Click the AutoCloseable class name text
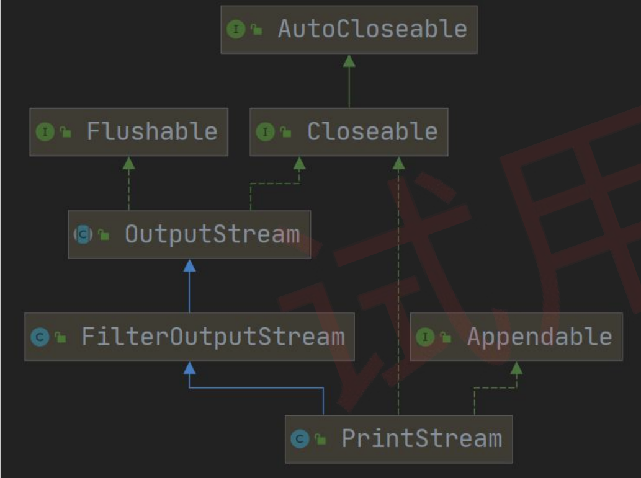pyautogui.click(x=372, y=29)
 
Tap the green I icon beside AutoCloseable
pyautogui.click(x=236, y=29)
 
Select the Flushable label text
pyautogui.click(x=151, y=131)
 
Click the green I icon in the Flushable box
pyautogui.click(x=45, y=132)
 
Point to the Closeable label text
pyautogui.click(x=372, y=131)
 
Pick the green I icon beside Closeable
pyautogui.click(x=265, y=132)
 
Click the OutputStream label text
pyautogui.click(x=212, y=234)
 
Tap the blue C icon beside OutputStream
pyautogui.click(x=83, y=234)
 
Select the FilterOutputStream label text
pyautogui.click(x=213, y=337)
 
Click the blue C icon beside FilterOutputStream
pyautogui.click(x=40, y=337)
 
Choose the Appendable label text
pyautogui.click(x=540, y=337)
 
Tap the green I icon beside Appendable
pyautogui.click(x=425, y=337)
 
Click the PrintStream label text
pyautogui.click(x=421, y=439)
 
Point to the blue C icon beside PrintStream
pyautogui.click(x=300, y=439)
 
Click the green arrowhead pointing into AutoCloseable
pyautogui.click(x=349, y=61)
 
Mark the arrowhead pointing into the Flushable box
pyautogui.click(x=129, y=164)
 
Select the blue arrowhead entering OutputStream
pyautogui.click(x=189, y=266)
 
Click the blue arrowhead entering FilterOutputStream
pyautogui.click(x=189, y=368)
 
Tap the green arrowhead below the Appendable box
pyautogui.click(x=516, y=368)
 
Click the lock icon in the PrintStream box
pyautogui.click(x=321, y=439)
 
